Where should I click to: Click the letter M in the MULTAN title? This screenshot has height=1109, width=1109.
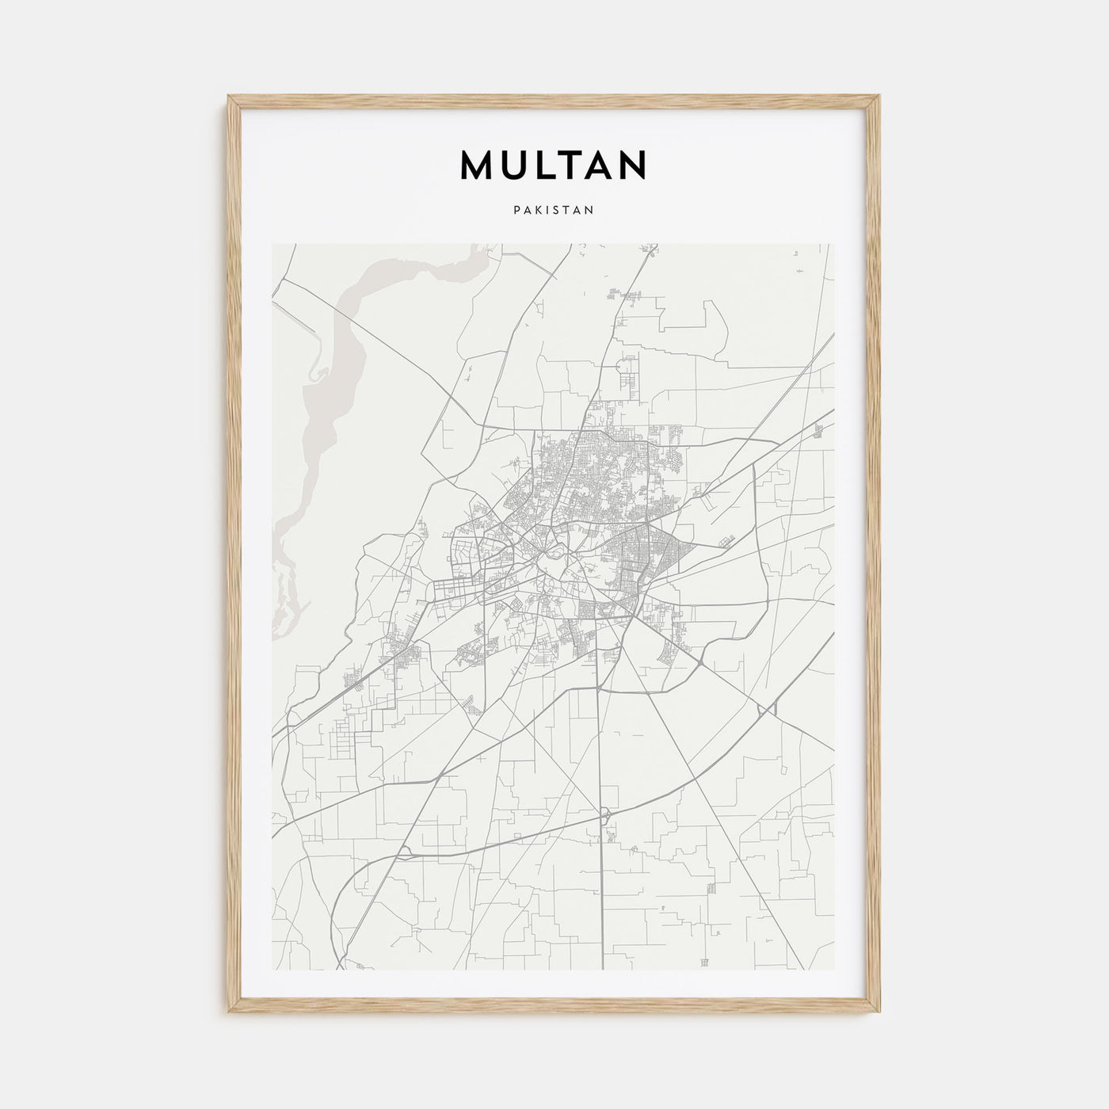coord(477,165)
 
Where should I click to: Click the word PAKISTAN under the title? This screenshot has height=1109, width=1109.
coord(554,211)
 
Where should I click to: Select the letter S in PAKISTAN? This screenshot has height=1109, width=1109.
coord(555,211)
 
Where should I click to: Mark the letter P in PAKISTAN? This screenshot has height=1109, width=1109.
coord(516,211)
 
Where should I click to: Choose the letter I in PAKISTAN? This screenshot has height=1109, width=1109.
coord(547,211)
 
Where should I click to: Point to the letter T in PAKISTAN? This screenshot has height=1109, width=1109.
coord(566,211)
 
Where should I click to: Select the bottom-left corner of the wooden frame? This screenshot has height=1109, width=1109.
coord(229,1012)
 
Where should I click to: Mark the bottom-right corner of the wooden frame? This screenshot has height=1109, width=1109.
coord(879,1012)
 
